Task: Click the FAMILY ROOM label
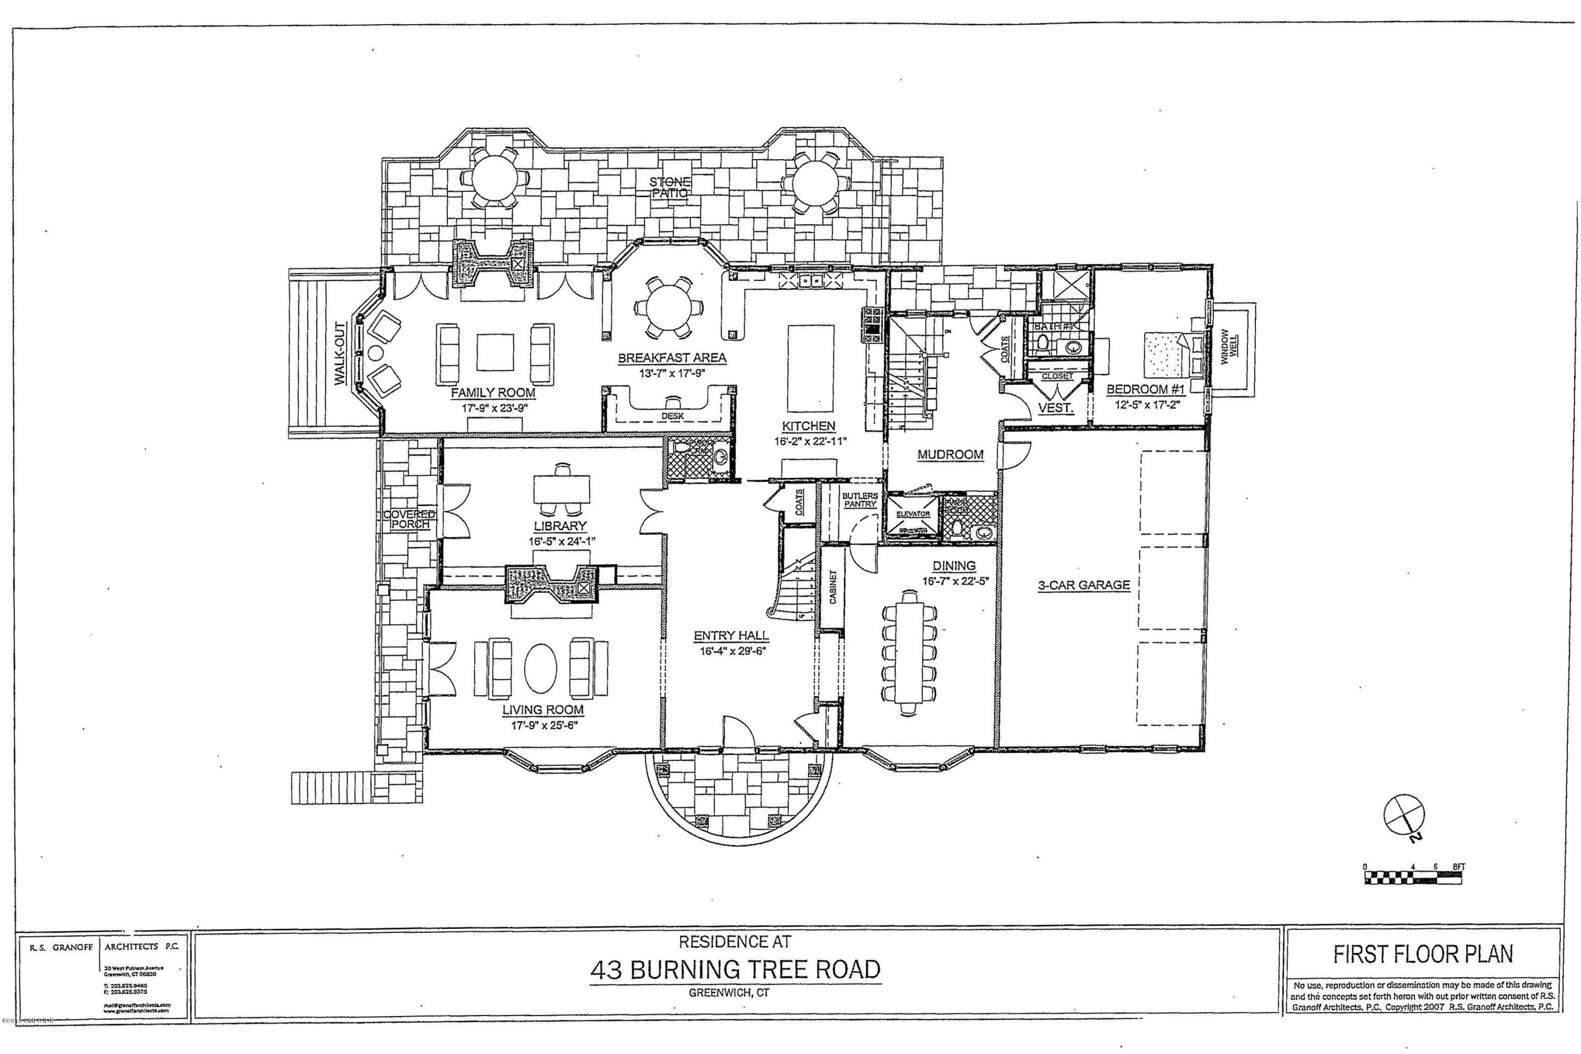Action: point(493,393)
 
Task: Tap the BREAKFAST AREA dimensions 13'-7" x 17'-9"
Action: point(671,374)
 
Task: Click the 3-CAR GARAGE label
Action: point(1084,585)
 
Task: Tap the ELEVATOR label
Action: point(912,513)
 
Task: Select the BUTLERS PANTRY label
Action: point(860,500)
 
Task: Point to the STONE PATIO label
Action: point(669,187)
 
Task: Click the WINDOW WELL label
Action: point(1228,347)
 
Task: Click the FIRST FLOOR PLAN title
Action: point(1423,954)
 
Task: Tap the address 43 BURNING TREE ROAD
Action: point(735,969)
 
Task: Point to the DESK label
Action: point(672,416)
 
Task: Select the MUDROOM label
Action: point(950,454)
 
